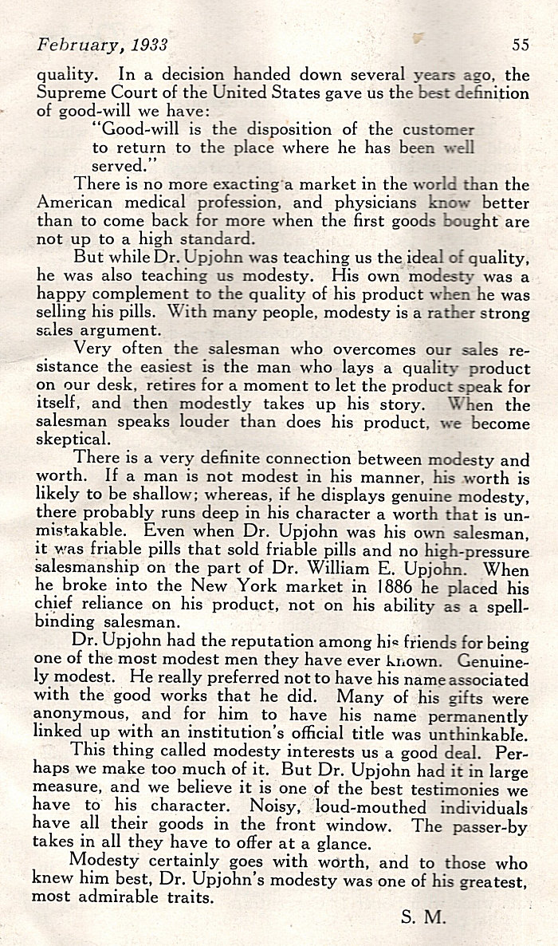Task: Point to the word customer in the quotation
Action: coord(438,128)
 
